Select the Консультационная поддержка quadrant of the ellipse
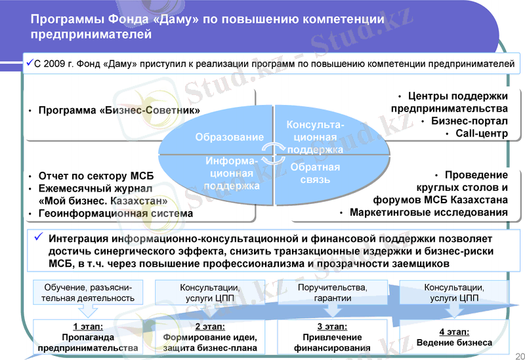[315, 137]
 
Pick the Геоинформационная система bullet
[115, 213]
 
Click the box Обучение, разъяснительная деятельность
[89, 293]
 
